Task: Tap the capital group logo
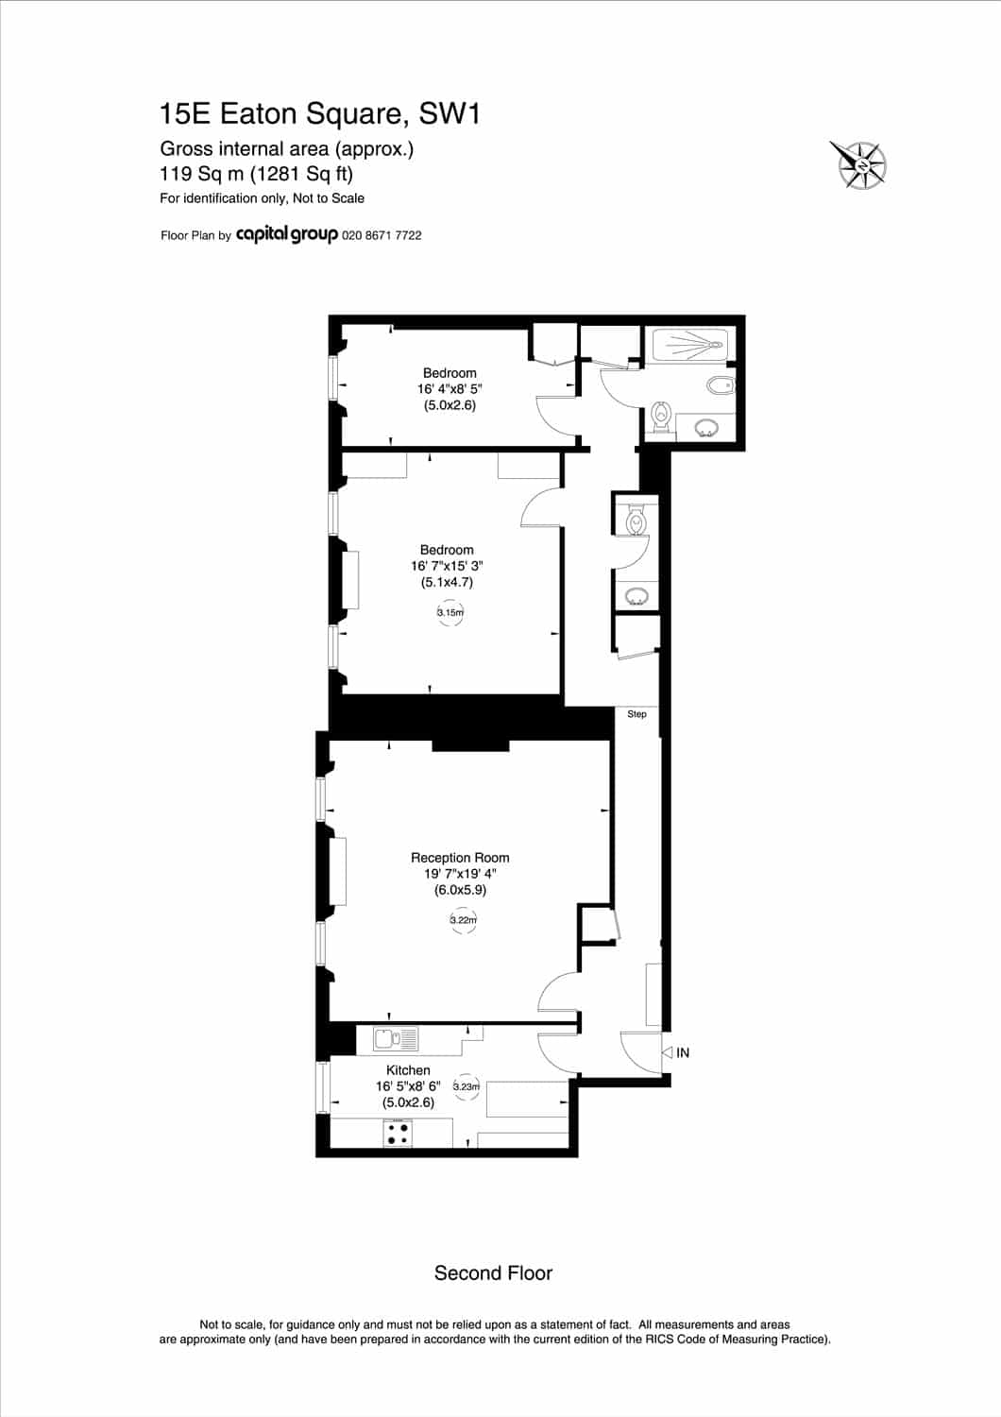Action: pyautogui.click(x=286, y=234)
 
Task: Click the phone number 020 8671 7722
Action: pyautogui.click(x=382, y=235)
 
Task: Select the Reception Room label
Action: pyautogui.click(x=460, y=858)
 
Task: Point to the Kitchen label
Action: pyautogui.click(x=408, y=1070)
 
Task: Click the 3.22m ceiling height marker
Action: pyautogui.click(x=463, y=920)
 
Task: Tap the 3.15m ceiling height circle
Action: pyautogui.click(x=450, y=612)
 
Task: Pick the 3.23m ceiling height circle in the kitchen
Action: pyautogui.click(x=467, y=1086)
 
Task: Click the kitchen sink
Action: pyautogui.click(x=396, y=1039)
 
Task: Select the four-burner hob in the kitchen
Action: pyautogui.click(x=398, y=1133)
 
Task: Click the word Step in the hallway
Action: pyautogui.click(x=636, y=714)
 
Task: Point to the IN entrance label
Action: pyautogui.click(x=683, y=1052)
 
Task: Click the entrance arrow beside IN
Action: pyautogui.click(x=667, y=1052)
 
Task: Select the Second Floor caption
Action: pyautogui.click(x=493, y=1273)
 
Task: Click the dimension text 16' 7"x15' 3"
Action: pyautogui.click(x=447, y=566)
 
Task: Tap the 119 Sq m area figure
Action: pyautogui.click(x=202, y=173)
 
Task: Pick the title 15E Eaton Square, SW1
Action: pyautogui.click(x=320, y=114)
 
